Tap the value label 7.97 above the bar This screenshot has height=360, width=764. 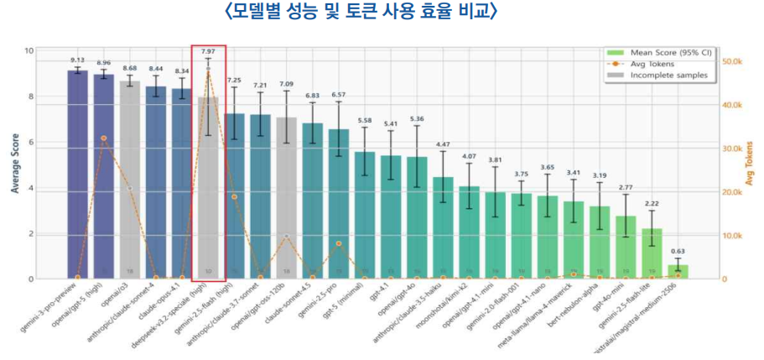pos(208,52)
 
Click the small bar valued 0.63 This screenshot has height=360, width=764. pos(678,272)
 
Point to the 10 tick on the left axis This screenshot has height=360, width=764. pos(29,51)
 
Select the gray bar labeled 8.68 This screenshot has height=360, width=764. pos(130,180)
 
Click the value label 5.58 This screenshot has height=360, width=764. pos(364,121)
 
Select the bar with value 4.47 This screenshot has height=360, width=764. pos(443,227)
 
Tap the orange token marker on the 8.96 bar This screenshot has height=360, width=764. pos(103,138)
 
